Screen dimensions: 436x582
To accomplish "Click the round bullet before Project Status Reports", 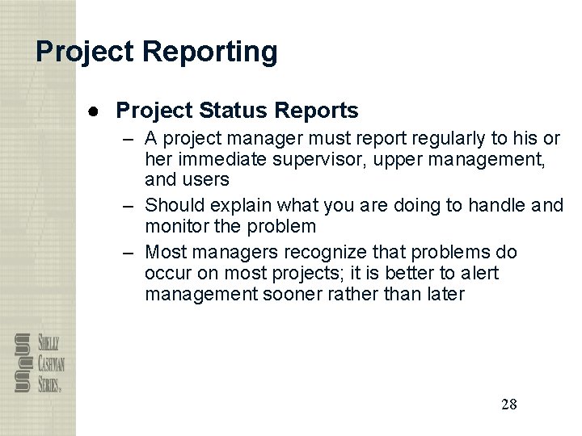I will pos(95,110).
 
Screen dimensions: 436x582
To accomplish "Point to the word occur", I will pos(167,273).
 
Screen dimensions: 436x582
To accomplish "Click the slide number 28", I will pos(508,405).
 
